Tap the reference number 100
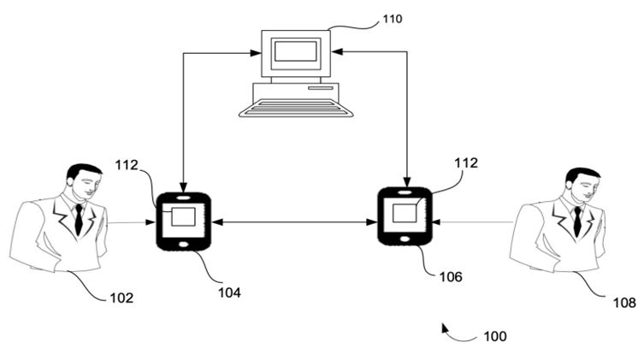pos(495,336)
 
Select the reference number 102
pos(121,298)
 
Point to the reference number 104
pos(228,292)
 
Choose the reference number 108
pos(624,302)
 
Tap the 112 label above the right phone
pos(466,162)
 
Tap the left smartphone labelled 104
pos(183,221)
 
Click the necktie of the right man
pos(577,221)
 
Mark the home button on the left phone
pos(183,245)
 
